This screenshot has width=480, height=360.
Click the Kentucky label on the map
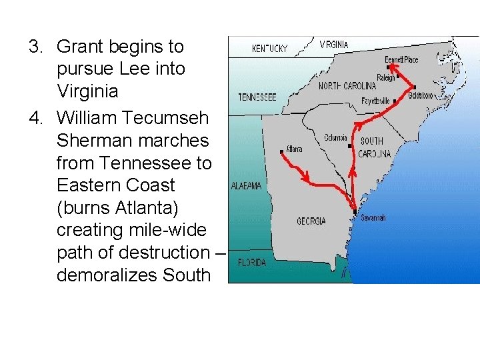click(x=269, y=49)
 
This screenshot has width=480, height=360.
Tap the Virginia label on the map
click(x=334, y=45)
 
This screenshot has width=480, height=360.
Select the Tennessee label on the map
click(x=257, y=97)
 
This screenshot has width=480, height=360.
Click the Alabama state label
click(x=246, y=187)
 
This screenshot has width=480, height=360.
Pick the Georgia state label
click(x=311, y=221)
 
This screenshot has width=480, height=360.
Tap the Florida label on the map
click(x=251, y=263)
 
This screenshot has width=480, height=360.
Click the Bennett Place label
click(x=402, y=60)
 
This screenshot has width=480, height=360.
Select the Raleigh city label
click(x=386, y=77)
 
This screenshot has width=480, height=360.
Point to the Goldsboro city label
click(x=420, y=95)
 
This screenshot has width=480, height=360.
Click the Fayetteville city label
click(x=376, y=101)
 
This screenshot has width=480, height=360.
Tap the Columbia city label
click(x=335, y=138)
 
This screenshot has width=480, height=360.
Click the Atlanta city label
click(x=294, y=149)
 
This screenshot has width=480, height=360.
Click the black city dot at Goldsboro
click(x=415, y=87)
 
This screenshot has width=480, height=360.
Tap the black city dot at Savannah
click(x=355, y=213)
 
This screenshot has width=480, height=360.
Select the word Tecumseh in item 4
click(x=175, y=118)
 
